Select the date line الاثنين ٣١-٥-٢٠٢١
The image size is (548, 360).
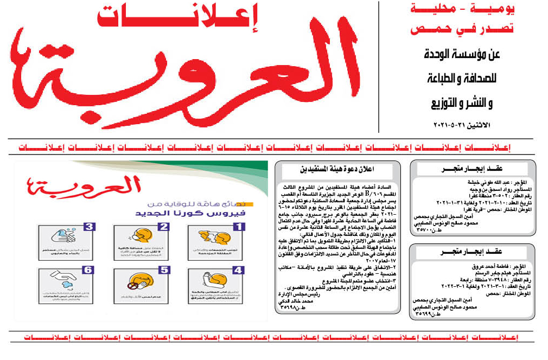(x=461, y=125)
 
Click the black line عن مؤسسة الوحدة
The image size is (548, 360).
(x=461, y=55)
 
